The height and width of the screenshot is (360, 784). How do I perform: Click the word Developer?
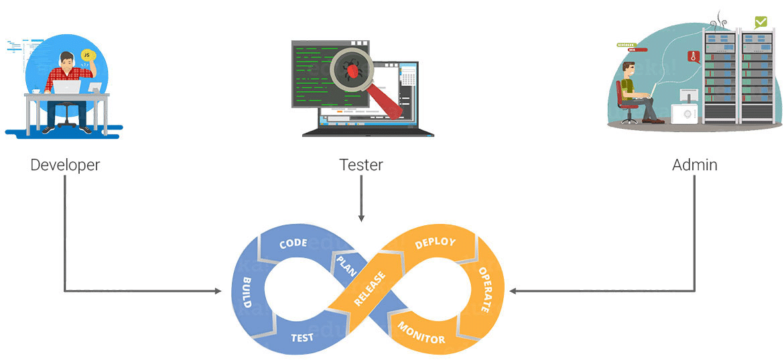[65, 165]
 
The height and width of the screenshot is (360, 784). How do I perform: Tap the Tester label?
[361, 165]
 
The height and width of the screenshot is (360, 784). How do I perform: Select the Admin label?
[694, 165]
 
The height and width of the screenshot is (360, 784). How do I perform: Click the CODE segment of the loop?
[293, 243]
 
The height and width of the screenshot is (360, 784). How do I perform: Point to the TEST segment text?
[302, 337]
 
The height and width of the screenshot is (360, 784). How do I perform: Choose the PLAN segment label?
[346, 265]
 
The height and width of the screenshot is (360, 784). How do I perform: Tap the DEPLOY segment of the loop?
[435, 243]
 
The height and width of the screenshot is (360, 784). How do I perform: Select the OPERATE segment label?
[483, 290]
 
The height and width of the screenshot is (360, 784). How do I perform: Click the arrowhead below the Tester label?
[361, 218]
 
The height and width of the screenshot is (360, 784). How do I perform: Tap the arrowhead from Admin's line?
[513, 291]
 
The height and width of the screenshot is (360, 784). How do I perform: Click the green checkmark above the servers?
[761, 21]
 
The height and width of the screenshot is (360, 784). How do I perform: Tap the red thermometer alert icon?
[691, 58]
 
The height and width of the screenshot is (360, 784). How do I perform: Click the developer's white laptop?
[67, 87]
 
